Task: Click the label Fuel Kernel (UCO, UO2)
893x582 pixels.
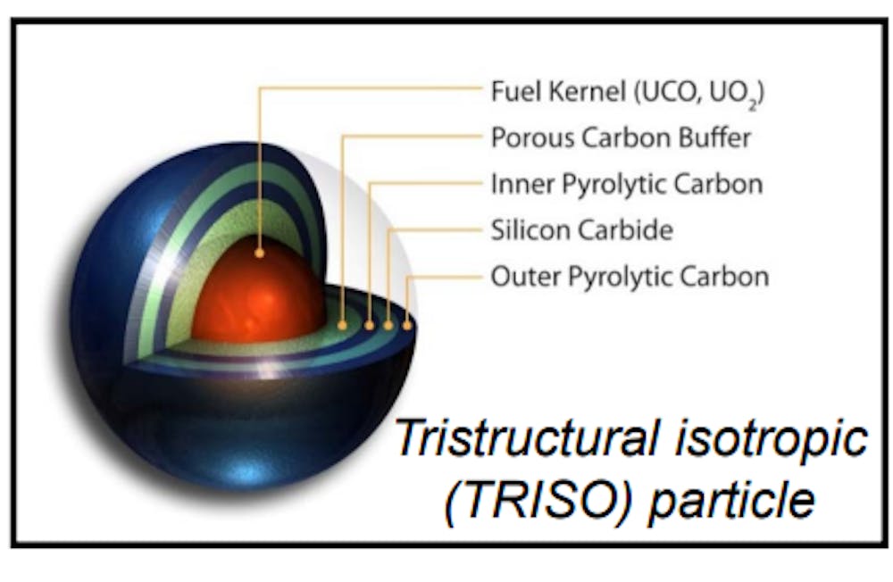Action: coord(627,93)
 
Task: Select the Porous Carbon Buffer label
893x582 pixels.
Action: coord(621,137)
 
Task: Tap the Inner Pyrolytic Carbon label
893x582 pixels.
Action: coord(627,185)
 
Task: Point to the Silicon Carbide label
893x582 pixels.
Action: coord(581,230)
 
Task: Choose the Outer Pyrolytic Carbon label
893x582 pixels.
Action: coord(630,278)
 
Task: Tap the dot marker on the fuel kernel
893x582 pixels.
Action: coord(259,253)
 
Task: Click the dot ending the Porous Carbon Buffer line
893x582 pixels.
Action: coord(342,325)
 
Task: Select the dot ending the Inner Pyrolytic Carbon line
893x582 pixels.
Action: coord(369,325)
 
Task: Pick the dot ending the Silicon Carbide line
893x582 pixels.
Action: coord(388,325)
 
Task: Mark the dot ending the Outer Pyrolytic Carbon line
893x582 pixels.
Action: coord(407,325)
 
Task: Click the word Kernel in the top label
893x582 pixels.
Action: coord(588,92)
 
